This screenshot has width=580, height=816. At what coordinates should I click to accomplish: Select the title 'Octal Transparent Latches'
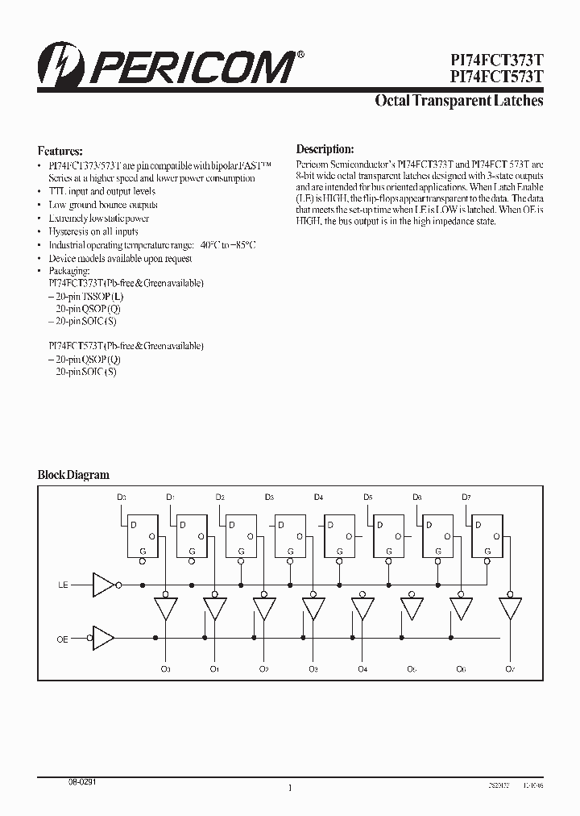coord(459,101)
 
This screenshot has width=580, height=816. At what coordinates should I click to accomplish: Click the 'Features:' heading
coord(60,151)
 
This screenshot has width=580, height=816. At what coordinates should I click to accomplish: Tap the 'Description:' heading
coord(325,149)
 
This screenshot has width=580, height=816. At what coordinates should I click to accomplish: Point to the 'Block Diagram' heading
coord(73,475)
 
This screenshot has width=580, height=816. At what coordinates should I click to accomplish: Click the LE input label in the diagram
coord(64,584)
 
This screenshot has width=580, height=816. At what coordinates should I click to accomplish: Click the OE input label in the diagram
coord(64,638)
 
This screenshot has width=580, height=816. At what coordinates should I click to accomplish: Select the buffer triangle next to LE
coord(104,584)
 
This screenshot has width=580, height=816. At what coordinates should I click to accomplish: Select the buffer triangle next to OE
coord(104,638)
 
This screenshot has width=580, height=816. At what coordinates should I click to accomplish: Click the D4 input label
coord(318,497)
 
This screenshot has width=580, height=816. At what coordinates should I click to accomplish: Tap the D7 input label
coord(466,497)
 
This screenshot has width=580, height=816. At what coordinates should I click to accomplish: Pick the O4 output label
coord(362,668)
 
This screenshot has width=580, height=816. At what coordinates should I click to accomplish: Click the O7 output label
coord(509,668)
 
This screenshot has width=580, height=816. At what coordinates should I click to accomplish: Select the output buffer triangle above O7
coord(509,608)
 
